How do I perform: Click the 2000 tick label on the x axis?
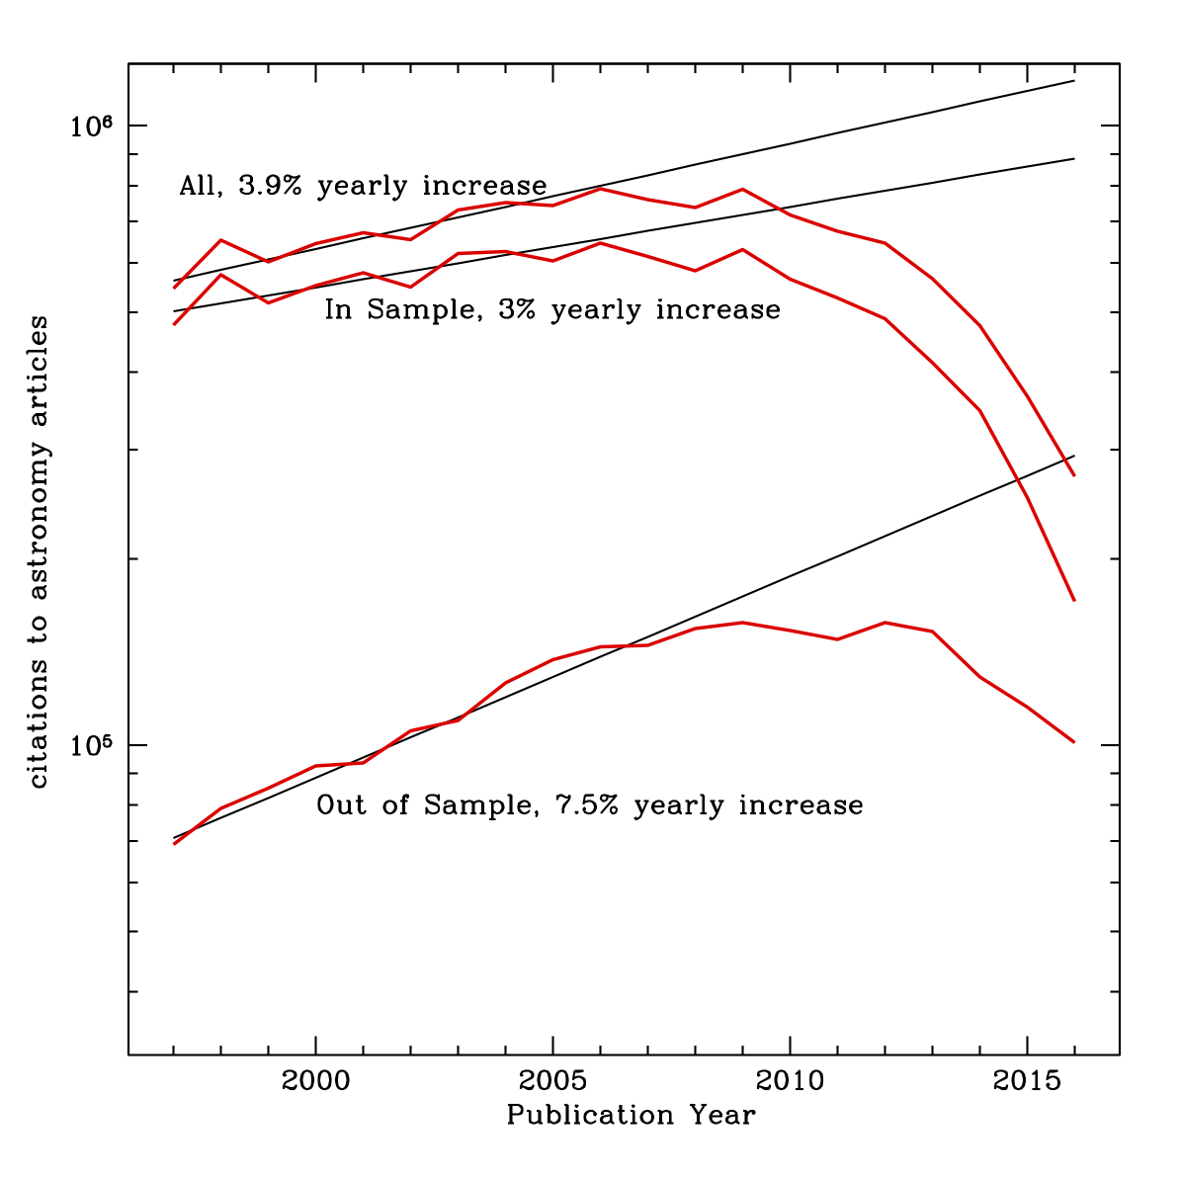pos(315,1081)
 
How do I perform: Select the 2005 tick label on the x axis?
pos(552,1081)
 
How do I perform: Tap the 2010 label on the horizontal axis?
pos(790,1081)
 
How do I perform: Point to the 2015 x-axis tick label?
pos(1028,1081)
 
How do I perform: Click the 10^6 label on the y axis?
pos(90,126)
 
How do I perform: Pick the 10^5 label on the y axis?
pos(90,745)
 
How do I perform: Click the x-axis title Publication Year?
pos(631,1116)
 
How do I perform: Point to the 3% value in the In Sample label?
pos(520,309)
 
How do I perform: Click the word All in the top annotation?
pos(198,186)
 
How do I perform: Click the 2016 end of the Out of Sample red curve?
pos(1074,742)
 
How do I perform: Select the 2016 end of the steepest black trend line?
pos(1074,456)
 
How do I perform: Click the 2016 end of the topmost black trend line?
pos(1074,80)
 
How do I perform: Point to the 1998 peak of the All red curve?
pos(220,240)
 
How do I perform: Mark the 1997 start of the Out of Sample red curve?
pos(174,844)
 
